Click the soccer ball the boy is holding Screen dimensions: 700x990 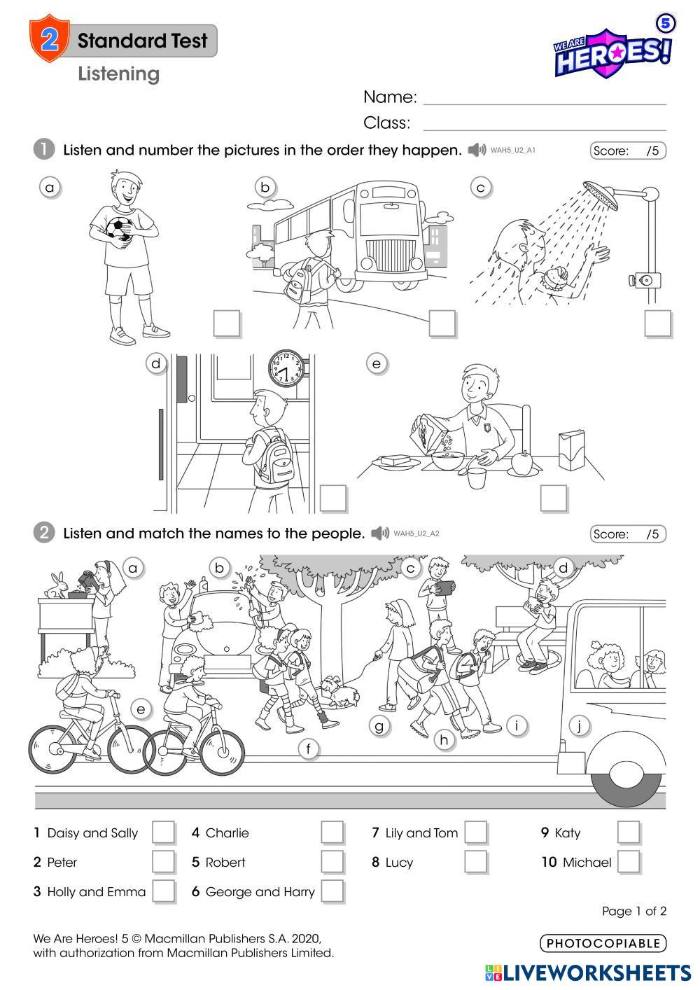119,228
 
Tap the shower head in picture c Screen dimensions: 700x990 600,195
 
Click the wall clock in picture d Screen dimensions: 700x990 287,368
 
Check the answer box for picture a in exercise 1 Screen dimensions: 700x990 227,323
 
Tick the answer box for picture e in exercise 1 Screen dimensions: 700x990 554,498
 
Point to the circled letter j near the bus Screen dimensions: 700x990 580,725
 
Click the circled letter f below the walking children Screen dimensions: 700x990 308,748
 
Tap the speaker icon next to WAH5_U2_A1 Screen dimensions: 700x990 477,150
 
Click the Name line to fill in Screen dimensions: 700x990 545,104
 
